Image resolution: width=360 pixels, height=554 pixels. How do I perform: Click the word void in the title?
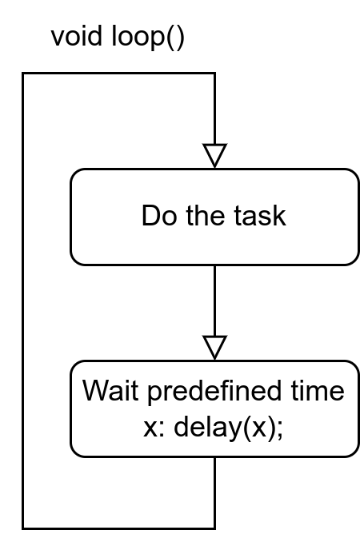[78, 38]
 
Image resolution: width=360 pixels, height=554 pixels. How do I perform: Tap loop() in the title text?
[147, 38]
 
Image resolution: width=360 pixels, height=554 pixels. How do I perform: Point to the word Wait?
[110, 392]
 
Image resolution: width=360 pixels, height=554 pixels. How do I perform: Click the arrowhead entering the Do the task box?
[214, 155]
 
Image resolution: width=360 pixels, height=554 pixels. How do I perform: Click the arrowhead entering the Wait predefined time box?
[214, 347]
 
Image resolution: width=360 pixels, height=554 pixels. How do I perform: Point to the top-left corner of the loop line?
[22, 74]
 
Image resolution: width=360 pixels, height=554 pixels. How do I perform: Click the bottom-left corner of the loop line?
[22, 528]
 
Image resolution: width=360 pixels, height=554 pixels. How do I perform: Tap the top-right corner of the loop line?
[214, 74]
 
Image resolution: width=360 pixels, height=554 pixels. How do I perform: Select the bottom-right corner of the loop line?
[214, 528]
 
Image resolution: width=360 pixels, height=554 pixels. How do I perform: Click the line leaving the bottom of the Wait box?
[214, 492]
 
